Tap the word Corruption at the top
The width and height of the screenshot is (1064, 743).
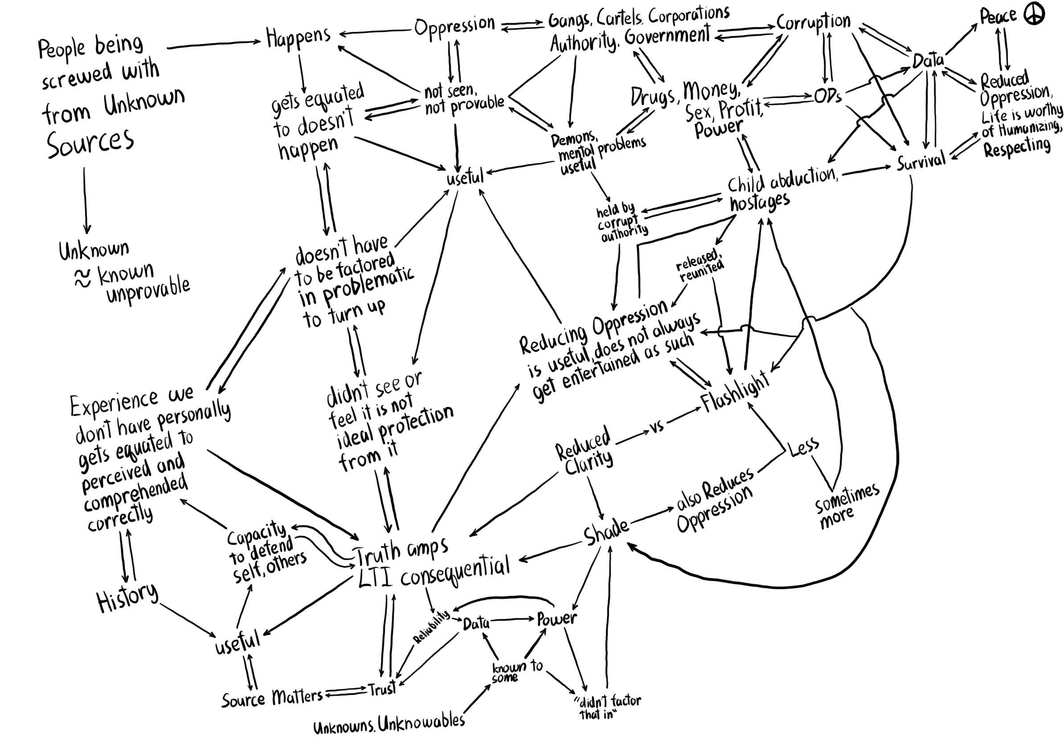click(x=813, y=21)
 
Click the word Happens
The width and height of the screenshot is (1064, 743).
click(x=298, y=37)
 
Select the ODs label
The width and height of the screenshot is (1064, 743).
click(x=828, y=96)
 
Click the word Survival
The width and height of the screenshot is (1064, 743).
click(x=921, y=162)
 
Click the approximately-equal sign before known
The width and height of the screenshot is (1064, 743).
click(x=82, y=279)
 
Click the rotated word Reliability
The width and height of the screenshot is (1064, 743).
click(x=431, y=627)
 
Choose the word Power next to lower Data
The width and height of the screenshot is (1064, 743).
click(x=557, y=619)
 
